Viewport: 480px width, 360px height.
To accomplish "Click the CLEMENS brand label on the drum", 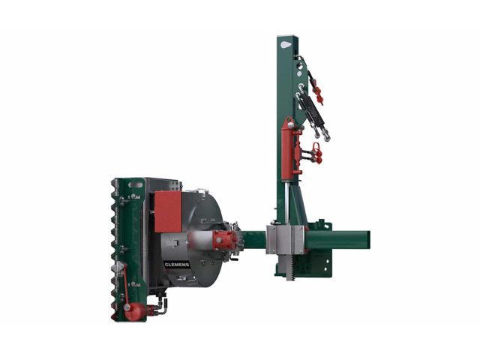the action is (177, 265).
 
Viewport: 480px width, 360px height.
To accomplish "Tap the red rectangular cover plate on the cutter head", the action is (168, 211).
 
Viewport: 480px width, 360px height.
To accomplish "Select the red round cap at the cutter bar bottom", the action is (134, 311).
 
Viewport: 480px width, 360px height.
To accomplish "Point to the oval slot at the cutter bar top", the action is (136, 185).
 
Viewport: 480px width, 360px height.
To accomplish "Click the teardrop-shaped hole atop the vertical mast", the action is (286, 45).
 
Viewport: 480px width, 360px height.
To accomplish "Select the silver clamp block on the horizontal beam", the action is (285, 240).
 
